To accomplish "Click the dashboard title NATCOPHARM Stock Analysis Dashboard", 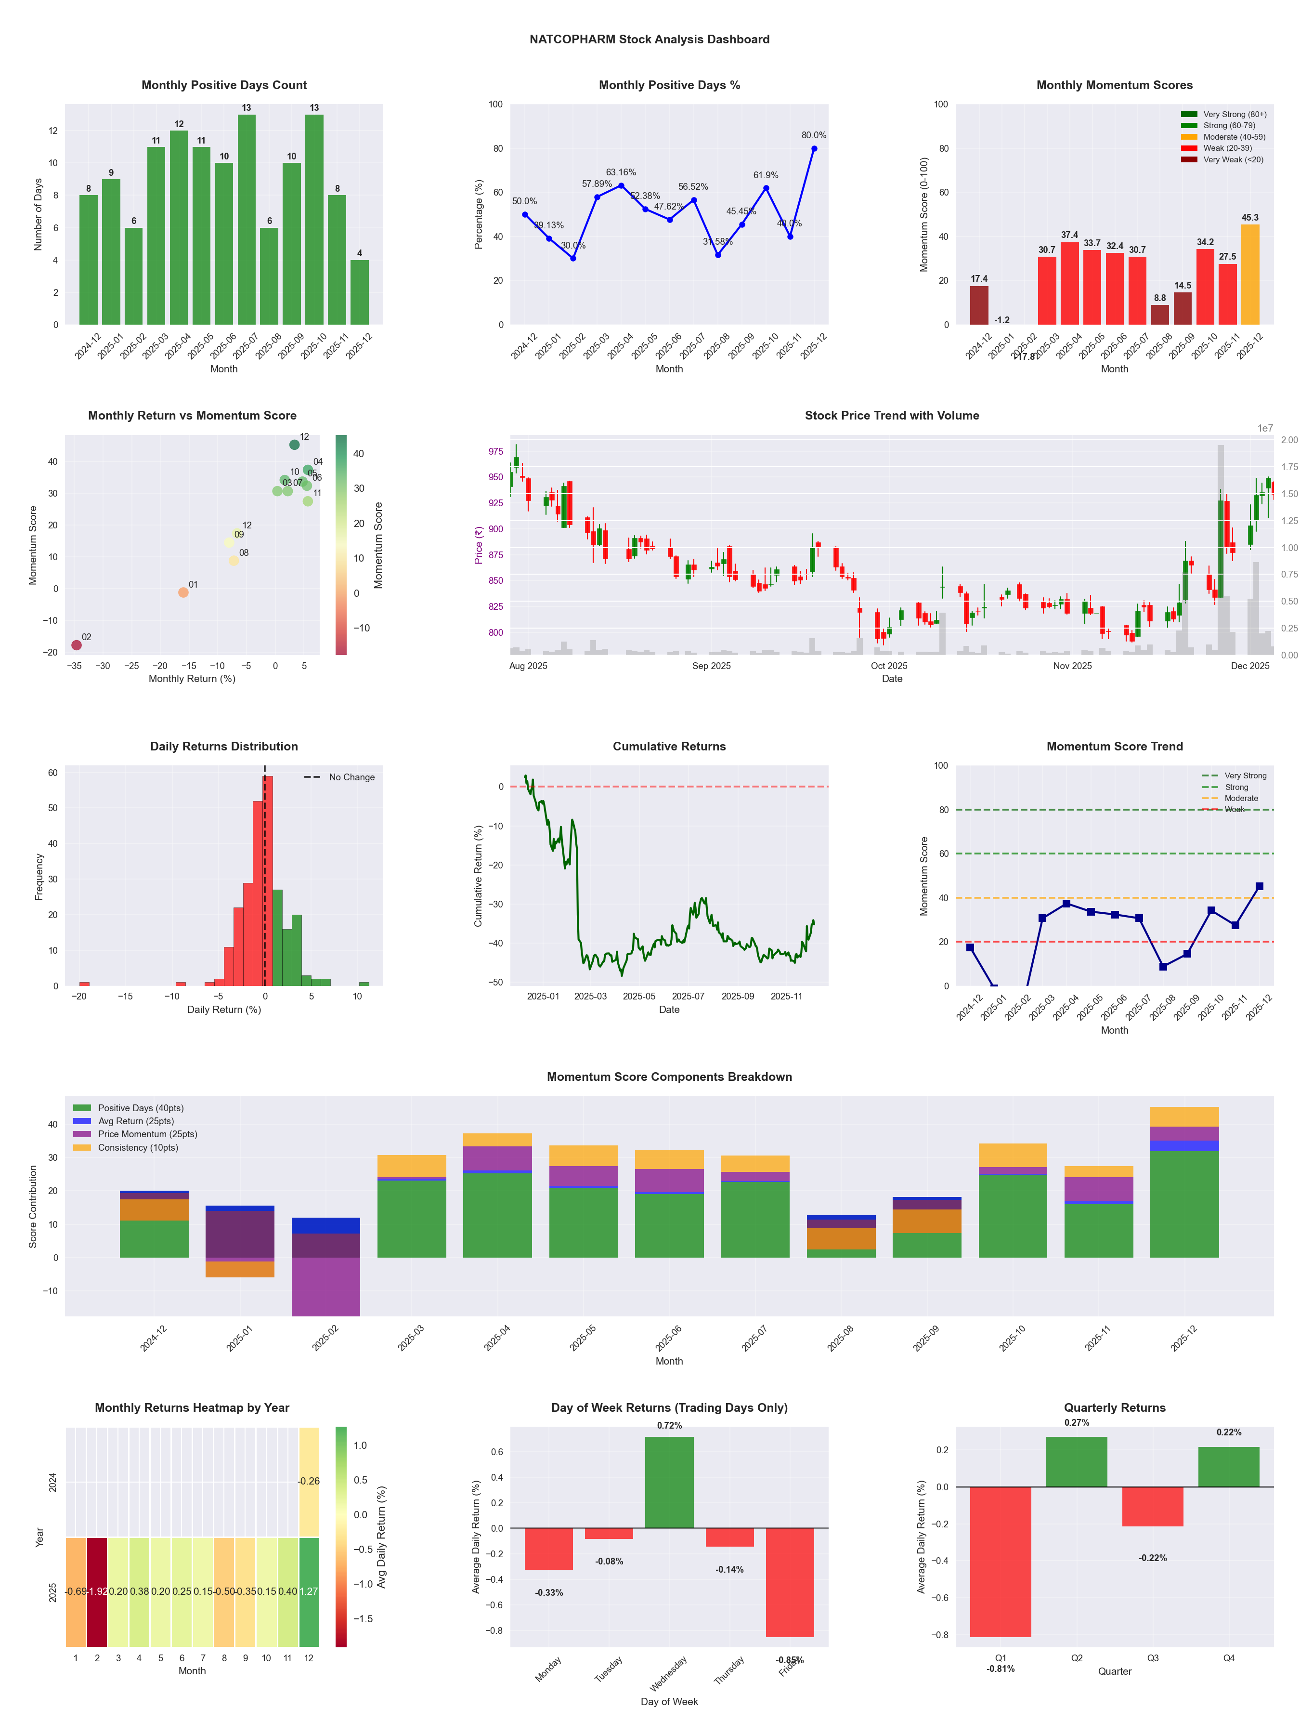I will pos(649,39).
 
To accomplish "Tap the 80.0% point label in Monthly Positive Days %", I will pos(813,135).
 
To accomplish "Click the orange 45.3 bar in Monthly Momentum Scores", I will pos(1250,275).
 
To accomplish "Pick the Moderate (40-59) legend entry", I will pos(1234,136).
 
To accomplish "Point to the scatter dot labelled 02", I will pos(76,645).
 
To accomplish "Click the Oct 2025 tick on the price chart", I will pos(889,666).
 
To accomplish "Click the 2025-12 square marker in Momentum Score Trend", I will pos(1259,886).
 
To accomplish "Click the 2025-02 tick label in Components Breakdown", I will pos(325,1337).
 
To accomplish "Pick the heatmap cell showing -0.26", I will pos(309,1481).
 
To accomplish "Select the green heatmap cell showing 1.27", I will pos(309,1591).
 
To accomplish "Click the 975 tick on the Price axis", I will pos(495,451).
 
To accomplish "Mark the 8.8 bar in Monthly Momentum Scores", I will pos(1160,315).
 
